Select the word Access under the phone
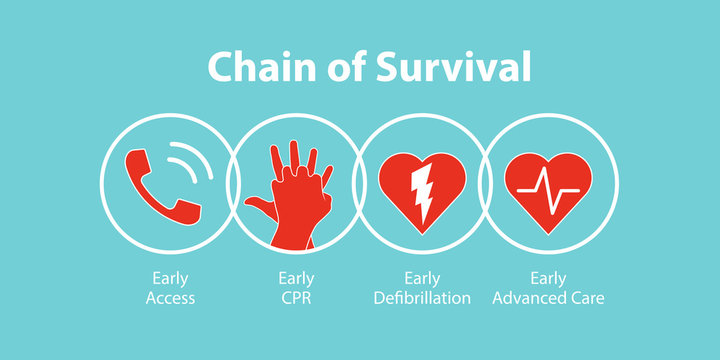pos(170,297)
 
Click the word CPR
pos(296,297)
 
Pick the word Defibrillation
pos(422,297)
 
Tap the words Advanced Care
pos(548,297)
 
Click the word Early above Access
pos(170,279)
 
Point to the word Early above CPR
pos(296,279)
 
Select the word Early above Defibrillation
pos(422,279)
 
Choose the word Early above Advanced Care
pos(548,279)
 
